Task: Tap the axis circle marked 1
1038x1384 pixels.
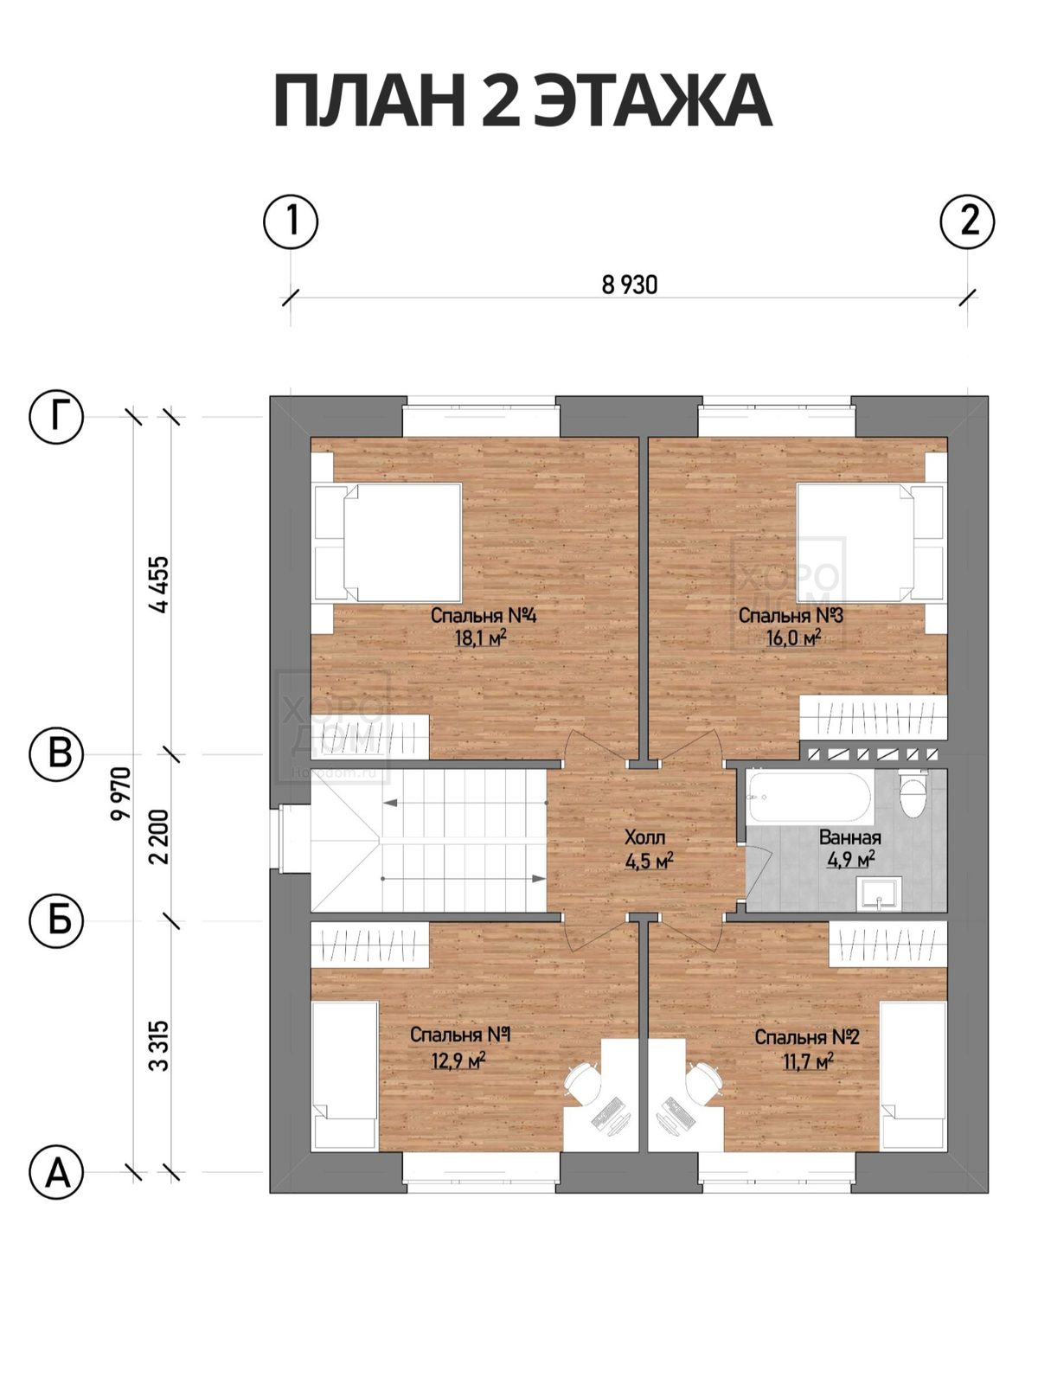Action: pos(291,222)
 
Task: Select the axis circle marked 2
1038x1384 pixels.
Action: pos(967,222)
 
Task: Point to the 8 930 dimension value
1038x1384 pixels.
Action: pos(629,285)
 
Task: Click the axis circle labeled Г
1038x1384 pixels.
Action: pos(57,417)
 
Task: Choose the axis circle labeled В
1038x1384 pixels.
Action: pos(57,754)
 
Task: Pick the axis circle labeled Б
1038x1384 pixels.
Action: pos(57,920)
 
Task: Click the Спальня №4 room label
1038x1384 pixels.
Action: pos(484,615)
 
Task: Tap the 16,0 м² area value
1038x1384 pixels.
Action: pos(793,638)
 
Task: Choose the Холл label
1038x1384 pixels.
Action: pos(644,838)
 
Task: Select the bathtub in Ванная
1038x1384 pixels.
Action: pos(810,797)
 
